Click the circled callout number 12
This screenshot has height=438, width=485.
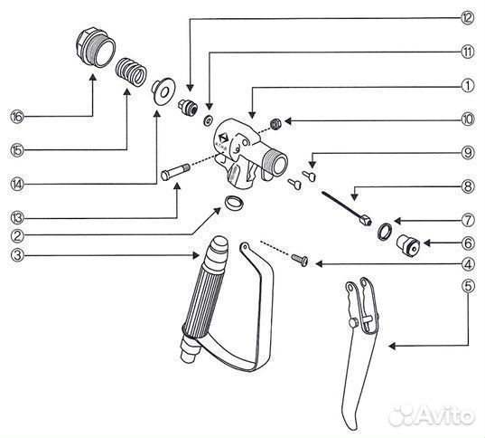pyautogui.click(x=467, y=18)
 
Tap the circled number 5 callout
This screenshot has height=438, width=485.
pyautogui.click(x=468, y=286)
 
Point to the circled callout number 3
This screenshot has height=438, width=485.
pyautogui.click(x=17, y=255)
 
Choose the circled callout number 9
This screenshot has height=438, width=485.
pyautogui.click(x=468, y=153)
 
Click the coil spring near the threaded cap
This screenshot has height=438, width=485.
pyautogui.click(x=131, y=72)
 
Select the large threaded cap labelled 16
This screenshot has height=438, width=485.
pyautogui.click(x=96, y=48)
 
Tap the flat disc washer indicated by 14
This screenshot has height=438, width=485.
pyautogui.click(x=163, y=91)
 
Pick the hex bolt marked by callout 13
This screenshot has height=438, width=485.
pyautogui.click(x=175, y=172)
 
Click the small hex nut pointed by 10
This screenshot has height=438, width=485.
pyautogui.click(x=275, y=124)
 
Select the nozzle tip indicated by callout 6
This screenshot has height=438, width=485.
pyautogui.click(x=408, y=244)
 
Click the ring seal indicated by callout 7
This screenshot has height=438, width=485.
pyautogui.click(x=385, y=232)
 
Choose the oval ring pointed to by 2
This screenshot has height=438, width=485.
pyautogui.click(x=233, y=203)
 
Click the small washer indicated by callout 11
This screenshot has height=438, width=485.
pyautogui.click(x=208, y=120)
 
